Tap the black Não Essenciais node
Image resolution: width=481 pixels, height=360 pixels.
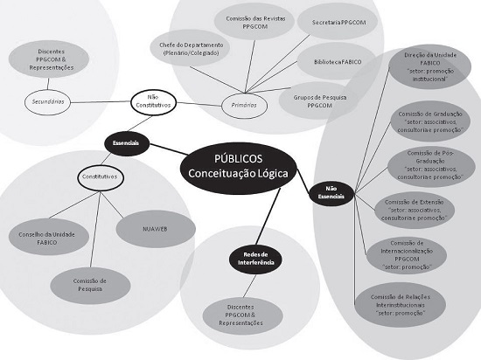[x=329, y=192]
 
